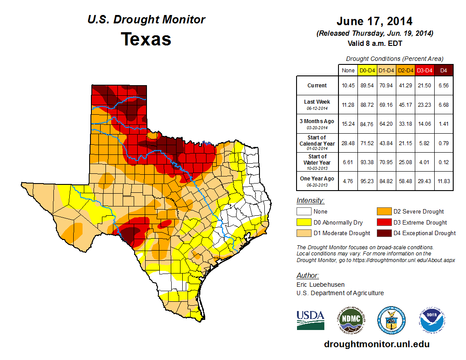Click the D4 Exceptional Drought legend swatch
(383, 233)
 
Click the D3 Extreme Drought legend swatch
(383, 222)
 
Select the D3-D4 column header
(425, 70)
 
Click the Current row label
(317, 86)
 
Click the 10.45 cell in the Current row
(348, 86)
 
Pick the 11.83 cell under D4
(443, 179)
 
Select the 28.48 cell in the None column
(348, 143)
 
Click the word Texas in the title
(146, 39)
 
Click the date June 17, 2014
(374, 21)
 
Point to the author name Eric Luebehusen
(321, 285)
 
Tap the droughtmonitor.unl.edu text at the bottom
(376, 344)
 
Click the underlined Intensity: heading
(310, 201)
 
